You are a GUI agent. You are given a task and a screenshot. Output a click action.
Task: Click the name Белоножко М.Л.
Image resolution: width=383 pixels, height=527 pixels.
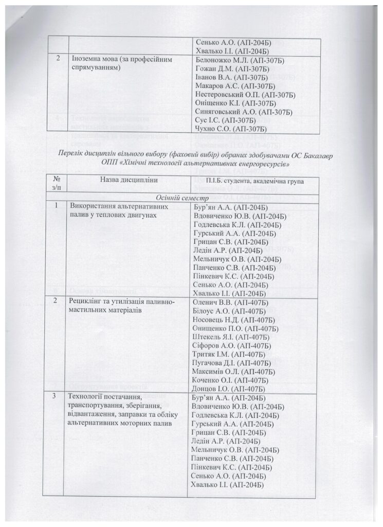(221, 61)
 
